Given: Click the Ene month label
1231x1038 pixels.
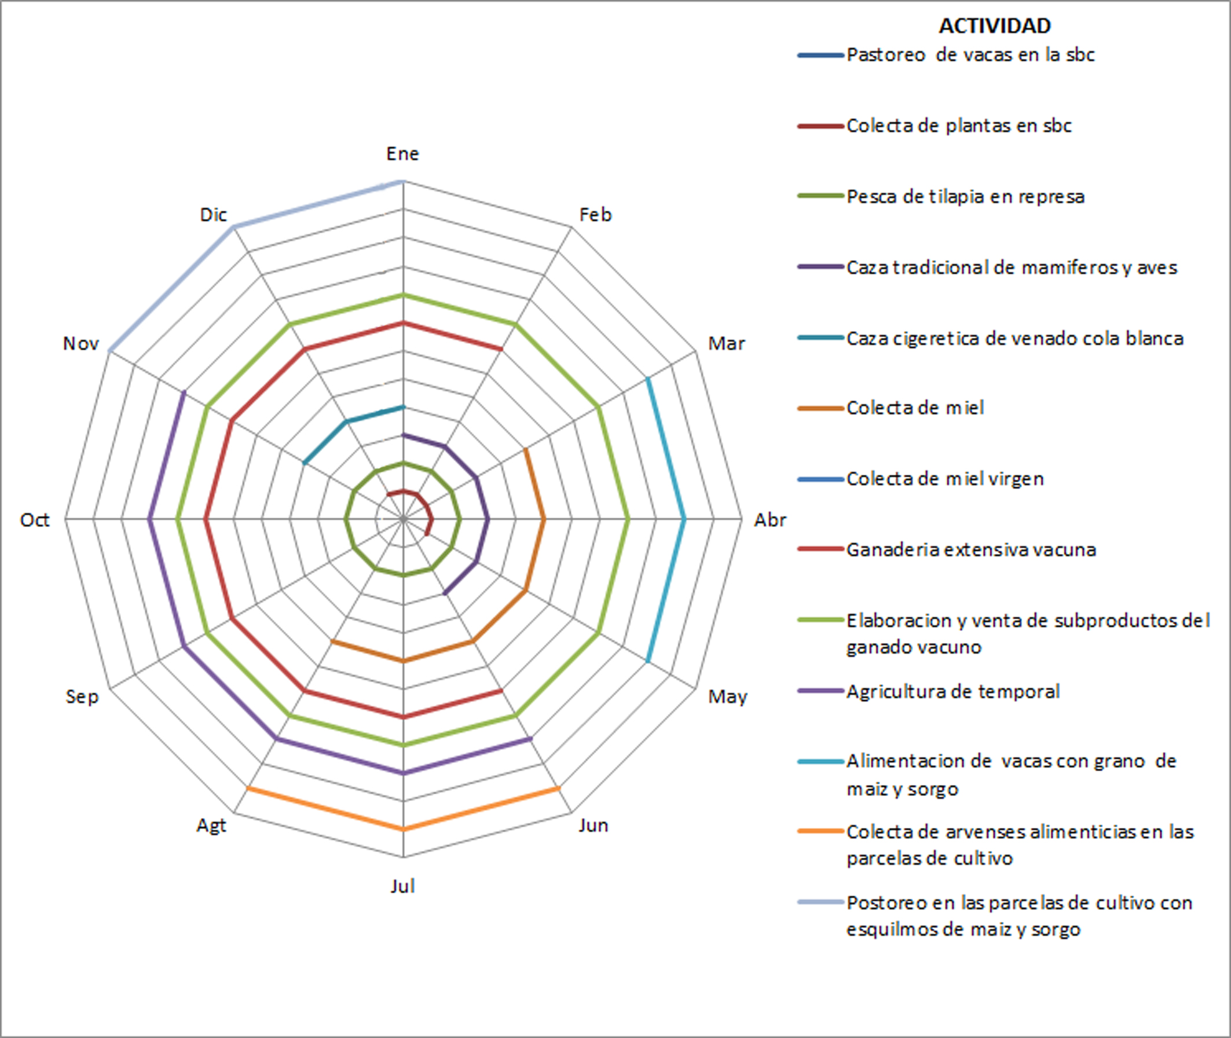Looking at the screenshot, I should point(402,154).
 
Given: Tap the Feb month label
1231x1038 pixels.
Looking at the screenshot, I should point(595,215).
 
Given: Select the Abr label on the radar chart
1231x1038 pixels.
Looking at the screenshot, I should point(770,520).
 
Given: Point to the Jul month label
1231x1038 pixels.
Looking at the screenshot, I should point(402,886).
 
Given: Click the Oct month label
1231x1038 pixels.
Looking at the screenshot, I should point(35,520).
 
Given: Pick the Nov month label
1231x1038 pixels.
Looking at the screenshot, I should point(80,344).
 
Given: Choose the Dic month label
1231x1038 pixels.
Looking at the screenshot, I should point(213,215).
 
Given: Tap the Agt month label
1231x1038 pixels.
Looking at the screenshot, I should point(211,825).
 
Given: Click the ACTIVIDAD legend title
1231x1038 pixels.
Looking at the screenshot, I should point(994,26).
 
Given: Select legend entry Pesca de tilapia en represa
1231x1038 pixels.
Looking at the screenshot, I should point(965,196).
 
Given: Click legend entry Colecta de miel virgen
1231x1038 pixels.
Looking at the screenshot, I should point(945,479).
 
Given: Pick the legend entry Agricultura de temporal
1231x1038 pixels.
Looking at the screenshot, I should point(952,691).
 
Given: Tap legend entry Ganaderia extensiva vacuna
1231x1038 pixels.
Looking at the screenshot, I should point(971,549).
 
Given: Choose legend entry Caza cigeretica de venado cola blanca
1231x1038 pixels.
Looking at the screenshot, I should point(1014,338).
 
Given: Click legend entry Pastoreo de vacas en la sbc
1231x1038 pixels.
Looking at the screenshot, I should point(970,55).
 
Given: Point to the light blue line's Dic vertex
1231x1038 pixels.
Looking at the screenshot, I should point(234,227).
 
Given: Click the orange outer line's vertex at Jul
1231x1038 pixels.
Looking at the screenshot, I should point(403,829).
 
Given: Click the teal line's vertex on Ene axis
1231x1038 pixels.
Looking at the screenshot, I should point(403,406).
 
